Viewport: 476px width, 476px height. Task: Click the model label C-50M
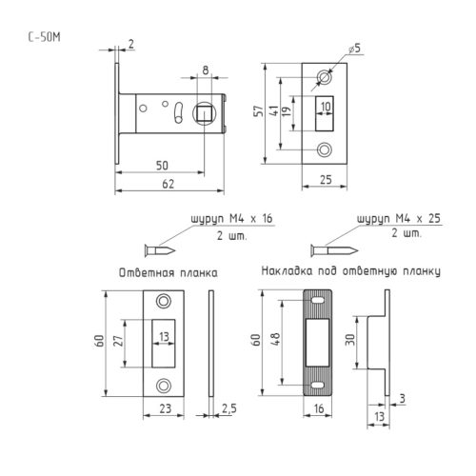coord(44,37)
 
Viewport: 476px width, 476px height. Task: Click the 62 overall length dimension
coord(168,184)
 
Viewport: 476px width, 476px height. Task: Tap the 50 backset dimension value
coord(162,166)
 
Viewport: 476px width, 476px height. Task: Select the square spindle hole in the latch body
coord(204,113)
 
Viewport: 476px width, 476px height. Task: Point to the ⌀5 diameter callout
coord(355,49)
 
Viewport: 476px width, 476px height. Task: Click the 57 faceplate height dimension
coord(259,111)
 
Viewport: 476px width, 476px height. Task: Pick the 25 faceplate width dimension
coord(326,180)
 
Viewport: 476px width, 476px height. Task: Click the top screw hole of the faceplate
coord(325,78)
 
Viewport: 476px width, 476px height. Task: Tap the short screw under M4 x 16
coord(160,250)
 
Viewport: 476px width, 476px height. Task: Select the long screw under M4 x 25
coord(334,250)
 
